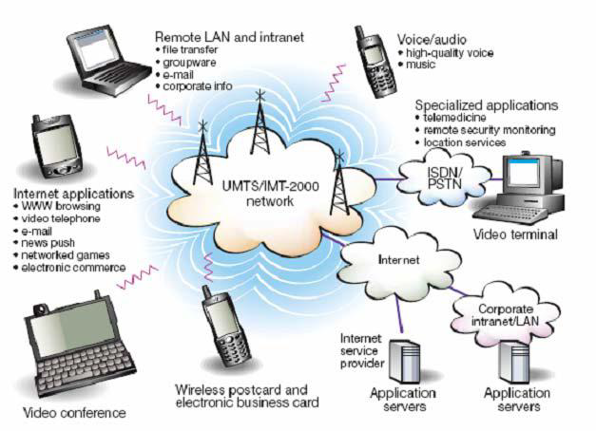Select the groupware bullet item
[191, 60]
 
